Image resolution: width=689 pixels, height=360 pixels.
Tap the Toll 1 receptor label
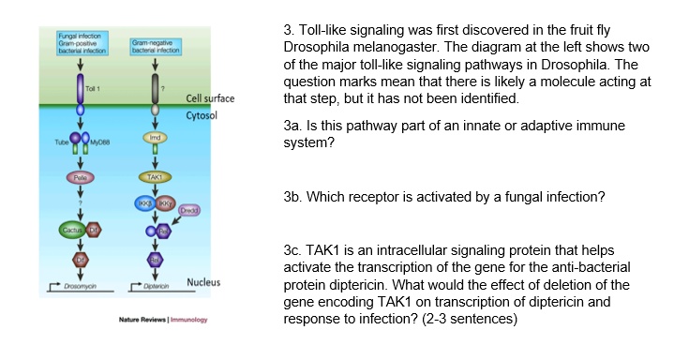click(92, 88)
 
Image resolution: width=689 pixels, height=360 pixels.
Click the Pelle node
click(81, 175)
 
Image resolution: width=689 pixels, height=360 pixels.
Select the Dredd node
click(188, 211)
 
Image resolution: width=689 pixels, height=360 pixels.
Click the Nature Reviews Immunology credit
click(162, 321)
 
